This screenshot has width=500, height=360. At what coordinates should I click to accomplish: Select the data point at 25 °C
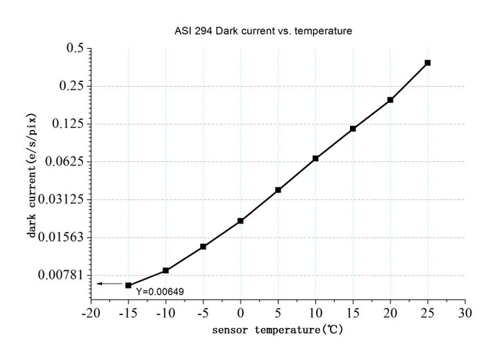click(x=428, y=63)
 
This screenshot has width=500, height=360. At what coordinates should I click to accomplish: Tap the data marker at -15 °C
click(x=128, y=285)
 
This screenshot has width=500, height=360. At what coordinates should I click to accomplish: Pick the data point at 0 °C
click(x=240, y=221)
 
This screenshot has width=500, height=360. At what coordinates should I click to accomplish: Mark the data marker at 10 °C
click(x=315, y=158)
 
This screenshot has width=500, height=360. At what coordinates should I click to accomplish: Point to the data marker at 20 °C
click(x=390, y=100)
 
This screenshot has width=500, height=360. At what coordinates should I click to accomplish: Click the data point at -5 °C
click(x=203, y=247)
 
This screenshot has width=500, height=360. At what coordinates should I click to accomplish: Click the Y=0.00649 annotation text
click(x=160, y=291)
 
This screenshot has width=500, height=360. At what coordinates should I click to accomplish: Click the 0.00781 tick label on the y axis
click(x=63, y=275)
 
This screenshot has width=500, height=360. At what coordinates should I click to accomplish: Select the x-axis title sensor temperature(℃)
click(x=278, y=330)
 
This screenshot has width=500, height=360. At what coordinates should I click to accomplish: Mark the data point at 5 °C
click(x=278, y=190)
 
